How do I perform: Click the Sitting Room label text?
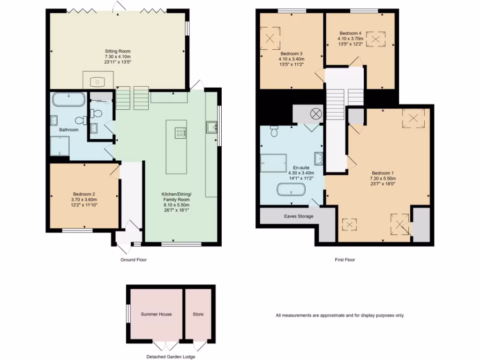point(118,51)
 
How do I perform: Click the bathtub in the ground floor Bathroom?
point(69,100)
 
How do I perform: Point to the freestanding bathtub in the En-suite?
point(291,190)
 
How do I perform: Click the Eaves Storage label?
point(299,216)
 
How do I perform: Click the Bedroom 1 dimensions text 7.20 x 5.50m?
point(384,178)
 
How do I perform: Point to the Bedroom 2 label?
point(84,194)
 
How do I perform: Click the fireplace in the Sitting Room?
point(98,80)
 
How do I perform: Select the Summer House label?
point(156,314)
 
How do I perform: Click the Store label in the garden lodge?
point(198,314)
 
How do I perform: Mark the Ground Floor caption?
point(134,259)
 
